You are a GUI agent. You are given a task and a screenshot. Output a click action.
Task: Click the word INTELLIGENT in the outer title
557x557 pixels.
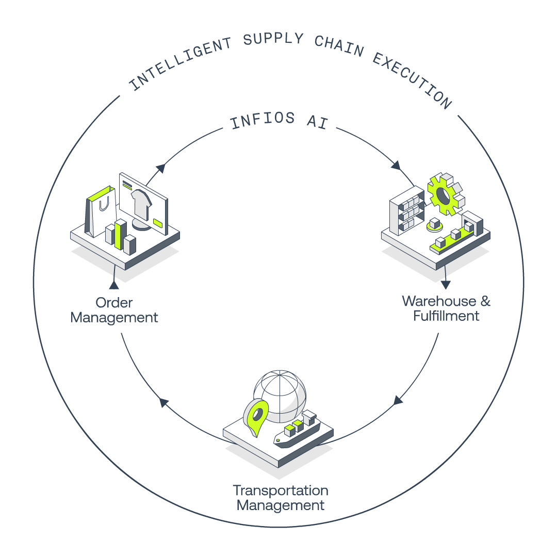point(181,63)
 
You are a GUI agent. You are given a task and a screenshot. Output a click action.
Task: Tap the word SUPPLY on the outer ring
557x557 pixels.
point(273,39)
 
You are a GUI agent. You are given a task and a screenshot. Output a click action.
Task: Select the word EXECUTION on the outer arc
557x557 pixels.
point(412,80)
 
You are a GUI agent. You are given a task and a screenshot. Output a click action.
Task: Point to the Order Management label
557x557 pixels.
point(114,310)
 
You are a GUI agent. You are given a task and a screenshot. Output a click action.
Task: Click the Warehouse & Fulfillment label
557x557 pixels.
point(446,308)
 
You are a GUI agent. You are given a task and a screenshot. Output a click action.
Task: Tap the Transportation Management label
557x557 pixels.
point(280,498)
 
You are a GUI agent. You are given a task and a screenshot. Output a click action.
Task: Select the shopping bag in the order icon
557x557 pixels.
point(101,211)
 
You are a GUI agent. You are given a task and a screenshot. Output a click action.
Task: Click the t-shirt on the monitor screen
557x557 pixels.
point(141,205)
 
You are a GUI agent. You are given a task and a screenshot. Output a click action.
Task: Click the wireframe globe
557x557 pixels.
point(280,396)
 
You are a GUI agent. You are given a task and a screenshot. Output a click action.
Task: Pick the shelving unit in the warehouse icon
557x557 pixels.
point(407,210)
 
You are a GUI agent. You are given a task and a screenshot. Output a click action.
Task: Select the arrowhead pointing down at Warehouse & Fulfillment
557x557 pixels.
point(446,285)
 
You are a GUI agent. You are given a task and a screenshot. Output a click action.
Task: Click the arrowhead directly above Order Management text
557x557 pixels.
point(114,285)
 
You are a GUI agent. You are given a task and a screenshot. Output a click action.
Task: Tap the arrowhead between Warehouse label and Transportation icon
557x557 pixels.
point(398,400)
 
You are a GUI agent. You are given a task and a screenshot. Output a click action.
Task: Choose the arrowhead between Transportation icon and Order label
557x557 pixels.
point(163,402)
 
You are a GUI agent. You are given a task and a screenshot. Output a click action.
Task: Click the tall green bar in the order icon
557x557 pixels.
point(120,234)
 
